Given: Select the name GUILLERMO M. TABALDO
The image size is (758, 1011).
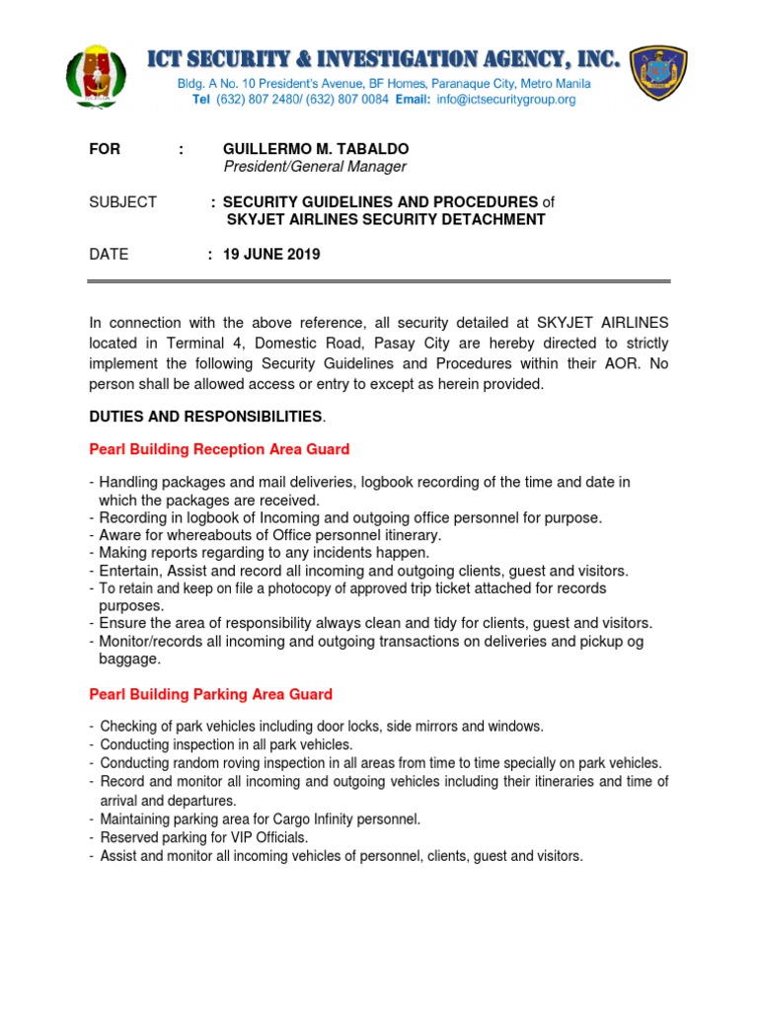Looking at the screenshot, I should [x=315, y=149].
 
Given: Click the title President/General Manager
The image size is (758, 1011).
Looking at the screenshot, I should [x=315, y=167].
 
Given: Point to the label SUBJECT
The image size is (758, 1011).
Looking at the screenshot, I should [x=122, y=201].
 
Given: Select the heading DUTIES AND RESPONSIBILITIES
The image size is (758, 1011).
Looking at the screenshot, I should [x=205, y=416].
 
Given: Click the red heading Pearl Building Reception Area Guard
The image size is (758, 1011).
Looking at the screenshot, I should [x=219, y=449].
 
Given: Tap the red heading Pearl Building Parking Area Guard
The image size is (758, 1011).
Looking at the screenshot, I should [x=210, y=694].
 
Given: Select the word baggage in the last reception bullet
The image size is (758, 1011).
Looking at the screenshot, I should [x=129, y=659].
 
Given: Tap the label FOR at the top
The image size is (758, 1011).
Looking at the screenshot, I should [x=105, y=149].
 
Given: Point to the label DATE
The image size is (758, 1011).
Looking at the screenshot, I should [x=109, y=254].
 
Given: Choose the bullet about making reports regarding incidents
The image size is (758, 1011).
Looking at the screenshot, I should [x=264, y=553].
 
